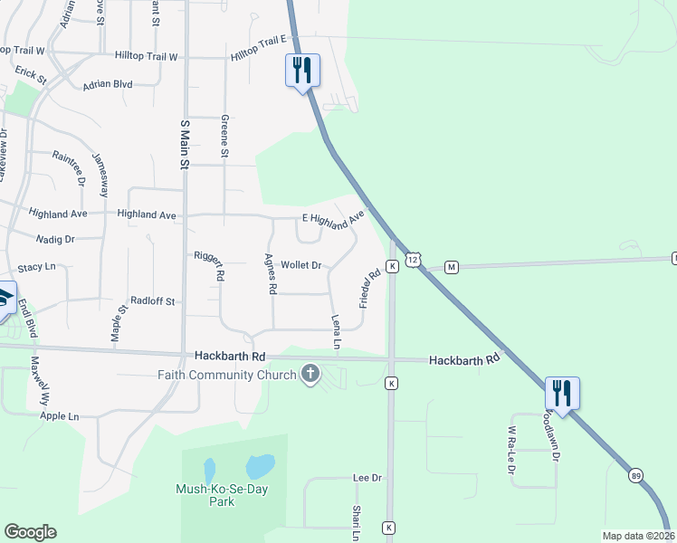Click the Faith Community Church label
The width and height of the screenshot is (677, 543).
click(227, 376)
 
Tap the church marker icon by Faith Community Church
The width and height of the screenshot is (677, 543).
click(310, 374)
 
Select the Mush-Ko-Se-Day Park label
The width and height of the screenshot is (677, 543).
click(216, 495)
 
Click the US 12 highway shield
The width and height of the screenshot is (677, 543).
click(413, 260)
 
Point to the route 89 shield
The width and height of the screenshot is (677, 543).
click(634, 476)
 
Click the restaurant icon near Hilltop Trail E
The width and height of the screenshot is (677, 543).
click(302, 70)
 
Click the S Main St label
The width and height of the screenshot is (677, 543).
click(184, 145)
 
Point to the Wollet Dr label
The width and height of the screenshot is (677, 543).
click(301, 265)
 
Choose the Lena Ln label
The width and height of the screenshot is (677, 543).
click(336, 332)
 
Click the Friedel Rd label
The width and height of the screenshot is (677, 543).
click(369, 289)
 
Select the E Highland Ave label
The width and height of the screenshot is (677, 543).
click(332, 219)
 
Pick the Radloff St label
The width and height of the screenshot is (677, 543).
click(152, 300)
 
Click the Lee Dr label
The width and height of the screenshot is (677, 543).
click(367, 477)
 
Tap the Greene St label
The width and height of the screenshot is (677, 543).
click(224, 134)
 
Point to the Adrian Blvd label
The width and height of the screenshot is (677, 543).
click(108, 84)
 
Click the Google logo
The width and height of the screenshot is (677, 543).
click(30, 532)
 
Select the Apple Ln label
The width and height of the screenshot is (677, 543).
click(60, 416)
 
